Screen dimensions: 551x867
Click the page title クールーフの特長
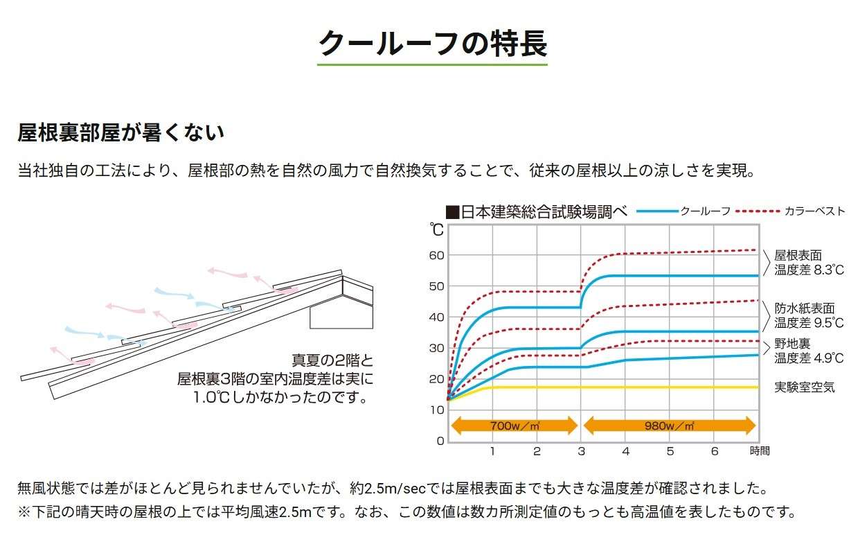pyautogui.click(x=432, y=44)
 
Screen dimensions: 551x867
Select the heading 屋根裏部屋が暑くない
pyautogui.click(x=120, y=133)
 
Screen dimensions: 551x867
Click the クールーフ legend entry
pyautogui.click(x=683, y=211)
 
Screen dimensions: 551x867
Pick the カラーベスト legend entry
pyautogui.click(x=789, y=211)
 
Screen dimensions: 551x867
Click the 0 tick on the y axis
pyautogui.click(x=440, y=441)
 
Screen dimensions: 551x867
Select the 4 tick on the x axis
pyautogui.click(x=625, y=451)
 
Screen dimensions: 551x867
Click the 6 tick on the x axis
pyautogui.click(x=715, y=451)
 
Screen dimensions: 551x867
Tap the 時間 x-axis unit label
pyautogui.click(x=758, y=451)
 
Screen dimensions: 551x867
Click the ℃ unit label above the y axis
pyautogui.click(x=436, y=229)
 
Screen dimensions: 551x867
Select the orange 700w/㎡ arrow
pyautogui.click(x=514, y=426)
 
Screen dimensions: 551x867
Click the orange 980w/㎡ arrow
pyautogui.click(x=669, y=426)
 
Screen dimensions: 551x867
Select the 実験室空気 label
pyautogui.click(x=805, y=387)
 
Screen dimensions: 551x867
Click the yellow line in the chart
pyautogui.click(x=623, y=387)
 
